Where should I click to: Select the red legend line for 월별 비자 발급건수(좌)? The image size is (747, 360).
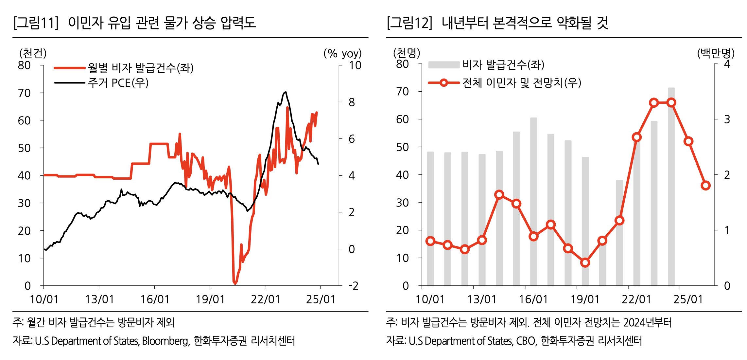[70, 68]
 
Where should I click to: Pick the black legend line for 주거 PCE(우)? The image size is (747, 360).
[70, 83]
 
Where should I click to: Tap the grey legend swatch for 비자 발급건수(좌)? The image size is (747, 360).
[444, 65]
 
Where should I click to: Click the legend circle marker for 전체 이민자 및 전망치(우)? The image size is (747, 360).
[444, 83]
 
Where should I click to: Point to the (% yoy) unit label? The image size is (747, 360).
[342, 53]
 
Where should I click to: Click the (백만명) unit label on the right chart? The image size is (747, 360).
[716, 53]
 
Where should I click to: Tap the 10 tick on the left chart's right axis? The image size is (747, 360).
[355, 65]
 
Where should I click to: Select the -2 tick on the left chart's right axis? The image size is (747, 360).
[353, 286]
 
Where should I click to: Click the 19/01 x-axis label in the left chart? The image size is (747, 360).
[210, 299]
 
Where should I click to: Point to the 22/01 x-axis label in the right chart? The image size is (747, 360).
[636, 299]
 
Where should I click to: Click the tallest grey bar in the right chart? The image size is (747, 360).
[671, 187]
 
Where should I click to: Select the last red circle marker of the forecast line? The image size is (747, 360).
[706, 186]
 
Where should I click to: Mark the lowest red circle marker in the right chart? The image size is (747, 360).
[585, 262]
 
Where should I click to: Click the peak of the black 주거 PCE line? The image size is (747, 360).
[286, 92]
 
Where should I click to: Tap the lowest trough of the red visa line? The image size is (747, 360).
[235, 283]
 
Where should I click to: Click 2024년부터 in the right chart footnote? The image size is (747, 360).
[647, 323]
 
